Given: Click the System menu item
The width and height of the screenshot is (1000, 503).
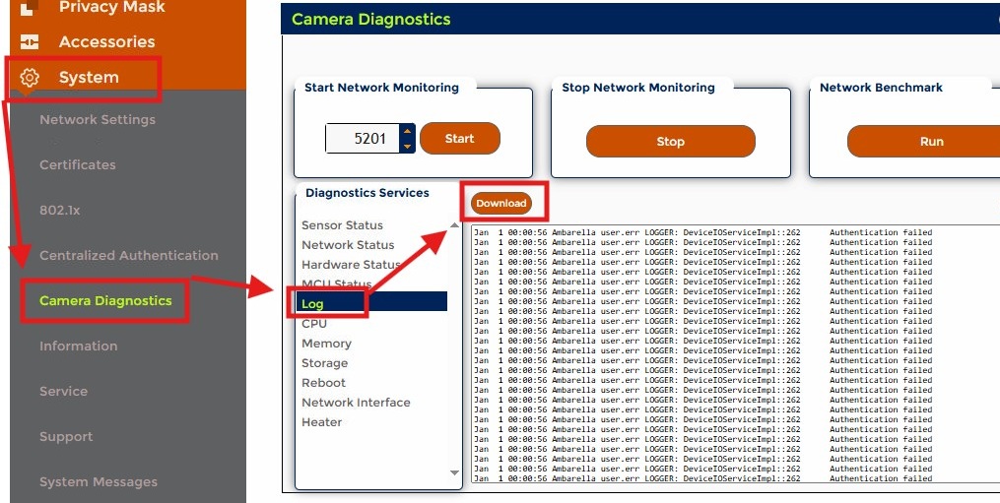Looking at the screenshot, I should (88, 78).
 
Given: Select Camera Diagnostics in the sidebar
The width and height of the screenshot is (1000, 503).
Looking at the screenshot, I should (105, 301).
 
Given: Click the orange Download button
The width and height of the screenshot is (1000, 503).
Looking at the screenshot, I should (500, 204).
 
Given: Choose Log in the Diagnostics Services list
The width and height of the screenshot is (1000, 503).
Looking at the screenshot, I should (313, 304).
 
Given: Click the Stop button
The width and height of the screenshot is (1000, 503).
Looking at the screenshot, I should (670, 142).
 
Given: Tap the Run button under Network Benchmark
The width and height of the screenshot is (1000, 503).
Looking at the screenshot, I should (930, 142).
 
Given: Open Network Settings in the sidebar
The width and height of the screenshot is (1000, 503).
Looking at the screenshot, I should (98, 120).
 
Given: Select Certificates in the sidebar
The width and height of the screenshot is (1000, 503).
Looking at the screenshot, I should (78, 165).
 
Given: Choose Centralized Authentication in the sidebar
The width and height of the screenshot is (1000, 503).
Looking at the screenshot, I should (129, 256).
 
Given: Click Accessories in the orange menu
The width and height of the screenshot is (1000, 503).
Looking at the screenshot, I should (106, 42).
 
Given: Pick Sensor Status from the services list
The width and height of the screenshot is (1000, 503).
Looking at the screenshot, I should (342, 225).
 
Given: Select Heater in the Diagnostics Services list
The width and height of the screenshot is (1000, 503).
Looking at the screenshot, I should (322, 422).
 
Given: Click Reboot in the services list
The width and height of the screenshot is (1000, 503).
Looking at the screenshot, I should (324, 383).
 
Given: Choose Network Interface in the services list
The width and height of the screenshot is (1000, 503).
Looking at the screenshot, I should (356, 403).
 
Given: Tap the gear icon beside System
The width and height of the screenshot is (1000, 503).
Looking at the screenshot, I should (30, 78).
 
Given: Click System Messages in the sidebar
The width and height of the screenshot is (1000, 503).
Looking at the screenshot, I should (99, 482).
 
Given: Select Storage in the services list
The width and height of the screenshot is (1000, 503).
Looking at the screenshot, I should (324, 363).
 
